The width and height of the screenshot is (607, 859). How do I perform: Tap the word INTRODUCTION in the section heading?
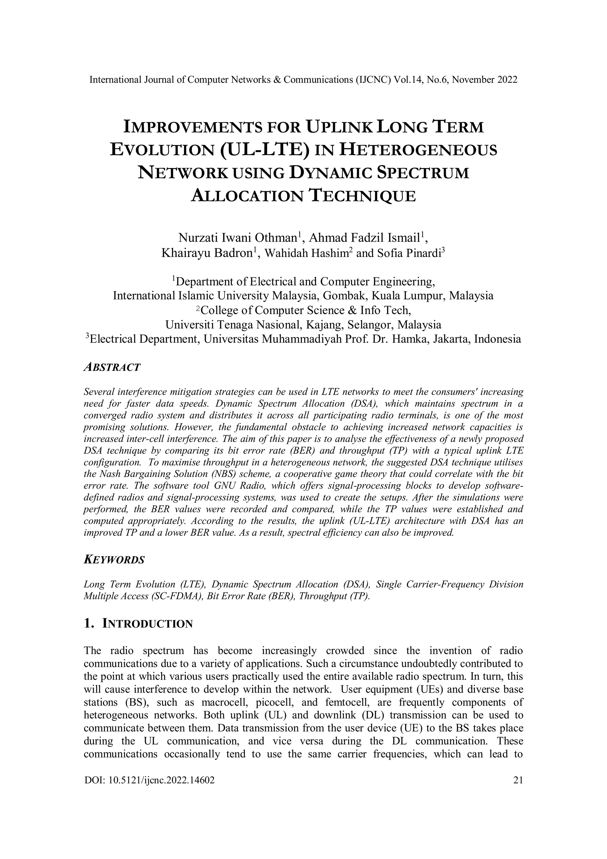tap(147, 624)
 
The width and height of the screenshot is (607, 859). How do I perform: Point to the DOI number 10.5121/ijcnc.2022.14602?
tap(162, 780)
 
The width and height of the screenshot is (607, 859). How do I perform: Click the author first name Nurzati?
tap(198, 238)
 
